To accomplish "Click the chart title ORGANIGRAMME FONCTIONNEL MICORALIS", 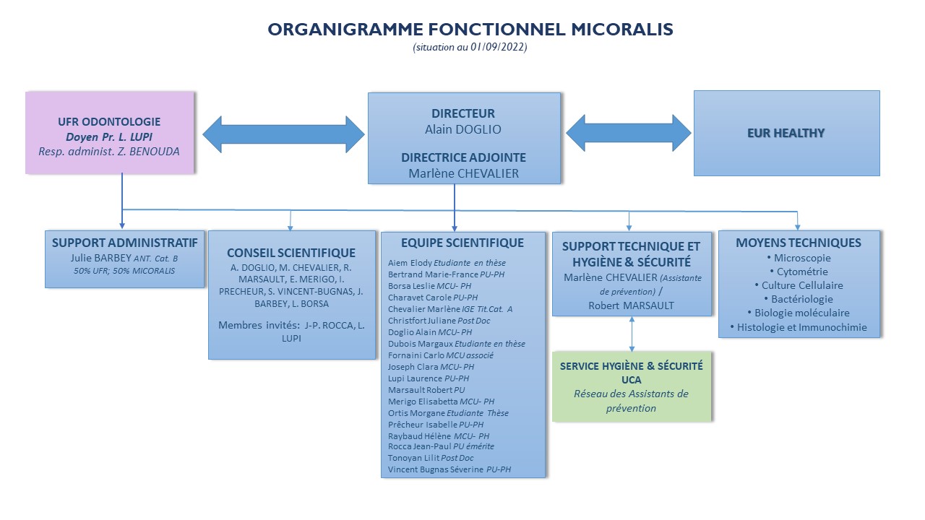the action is (470, 30).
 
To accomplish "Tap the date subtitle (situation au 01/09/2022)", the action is (470, 47).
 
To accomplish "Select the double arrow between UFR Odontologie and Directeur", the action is (284, 134).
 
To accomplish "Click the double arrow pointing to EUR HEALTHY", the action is (628, 133).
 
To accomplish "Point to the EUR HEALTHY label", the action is (786, 133).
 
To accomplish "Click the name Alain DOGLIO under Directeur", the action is (463, 129).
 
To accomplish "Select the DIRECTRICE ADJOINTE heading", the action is (463, 157).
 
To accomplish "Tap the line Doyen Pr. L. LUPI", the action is (109, 137).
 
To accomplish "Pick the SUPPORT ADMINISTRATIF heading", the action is (125, 243).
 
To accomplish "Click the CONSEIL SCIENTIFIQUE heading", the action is (291, 253).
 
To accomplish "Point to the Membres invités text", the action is (259, 325).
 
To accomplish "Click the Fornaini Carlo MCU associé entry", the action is (441, 355).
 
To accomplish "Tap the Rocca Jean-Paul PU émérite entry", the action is (441, 446).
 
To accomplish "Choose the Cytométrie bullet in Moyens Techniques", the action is (799, 272).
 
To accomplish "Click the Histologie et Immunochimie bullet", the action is (799, 327).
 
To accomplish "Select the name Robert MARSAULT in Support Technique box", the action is (631, 305).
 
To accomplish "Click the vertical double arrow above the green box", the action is (632, 334).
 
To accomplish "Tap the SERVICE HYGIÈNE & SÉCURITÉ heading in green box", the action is (632, 366).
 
